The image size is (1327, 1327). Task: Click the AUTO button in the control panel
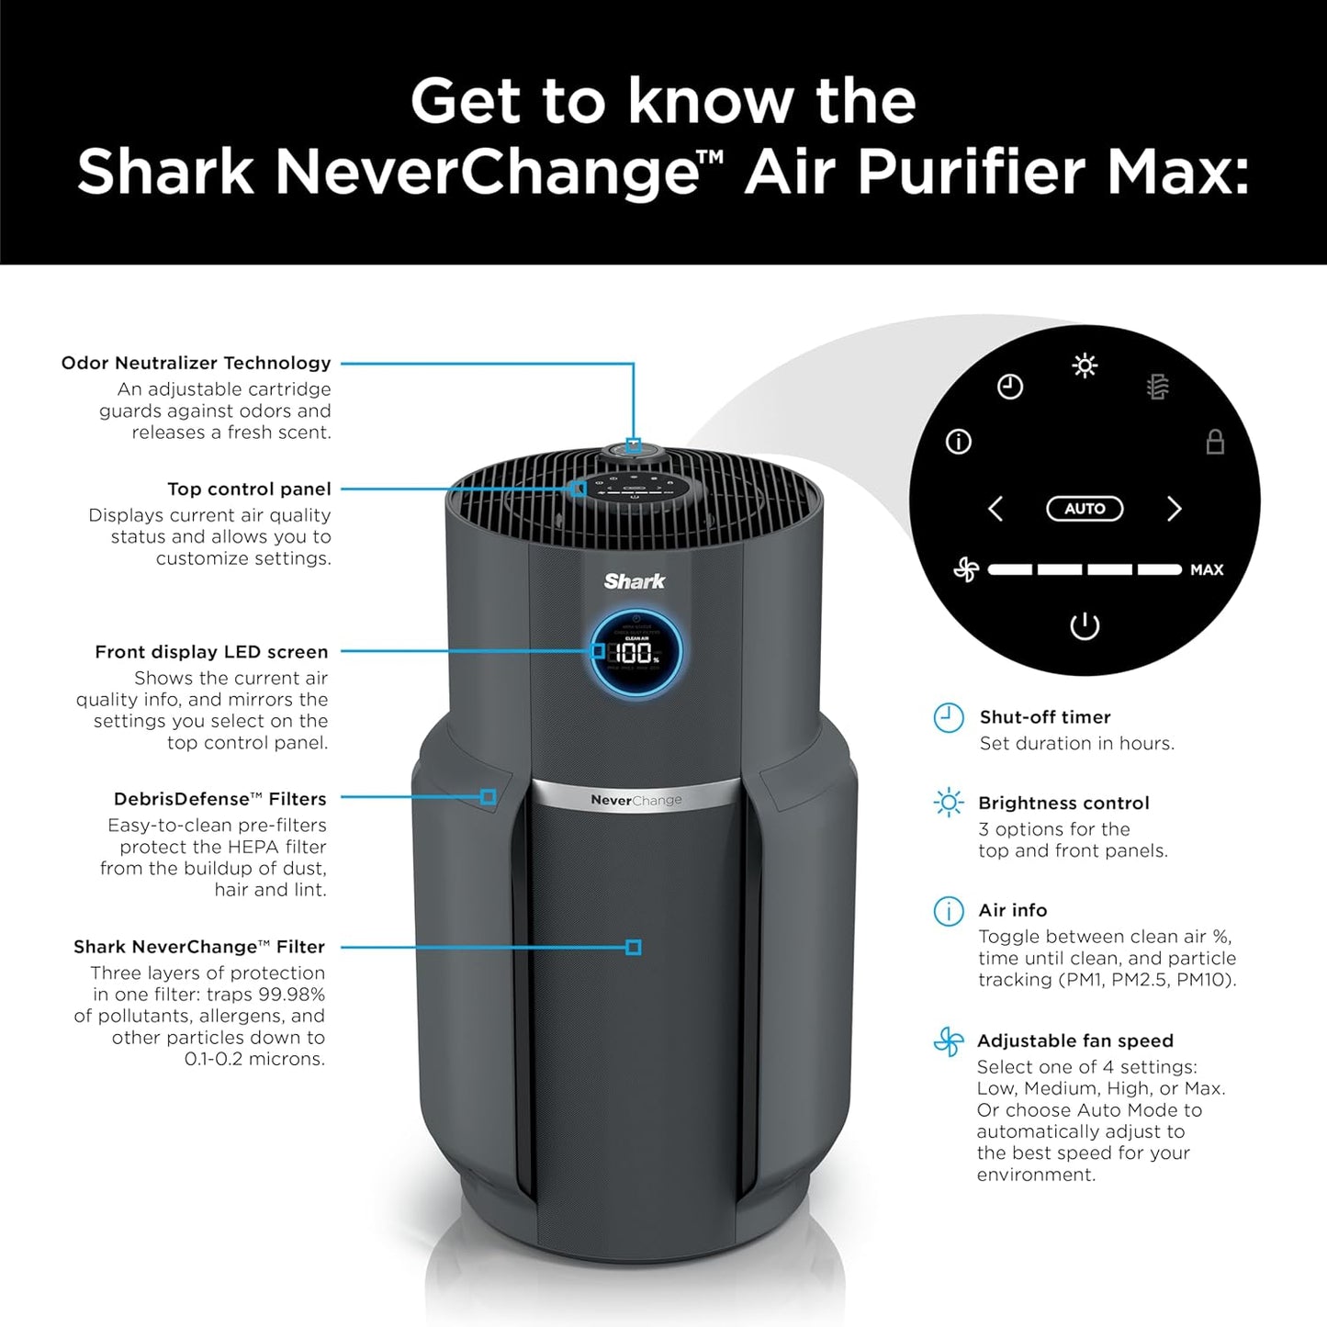click(x=1085, y=509)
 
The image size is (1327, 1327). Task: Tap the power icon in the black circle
click(x=1085, y=626)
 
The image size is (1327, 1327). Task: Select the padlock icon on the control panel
click(x=1215, y=442)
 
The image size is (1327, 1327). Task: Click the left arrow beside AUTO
click(x=995, y=509)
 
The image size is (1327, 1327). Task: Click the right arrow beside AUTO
click(x=1174, y=509)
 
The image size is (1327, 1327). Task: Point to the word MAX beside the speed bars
click(x=1207, y=570)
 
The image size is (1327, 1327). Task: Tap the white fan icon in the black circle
click(x=966, y=570)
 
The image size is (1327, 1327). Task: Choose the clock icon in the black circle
click(x=1010, y=387)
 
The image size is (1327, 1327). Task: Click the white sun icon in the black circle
click(x=1085, y=366)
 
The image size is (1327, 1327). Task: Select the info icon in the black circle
click(x=959, y=443)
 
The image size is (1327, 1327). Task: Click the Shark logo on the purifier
click(x=635, y=581)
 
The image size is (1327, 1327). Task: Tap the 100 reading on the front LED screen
click(x=633, y=654)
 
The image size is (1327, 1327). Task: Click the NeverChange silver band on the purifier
click(x=636, y=800)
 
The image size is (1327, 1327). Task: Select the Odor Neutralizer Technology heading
click(x=196, y=363)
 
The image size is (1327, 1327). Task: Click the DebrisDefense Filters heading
click(x=219, y=799)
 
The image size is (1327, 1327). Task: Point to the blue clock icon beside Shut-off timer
click(x=949, y=718)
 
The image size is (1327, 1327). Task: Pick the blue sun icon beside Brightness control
click(x=949, y=804)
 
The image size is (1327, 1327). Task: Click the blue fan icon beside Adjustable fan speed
click(x=949, y=1042)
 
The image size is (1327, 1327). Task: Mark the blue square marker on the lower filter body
click(x=633, y=947)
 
